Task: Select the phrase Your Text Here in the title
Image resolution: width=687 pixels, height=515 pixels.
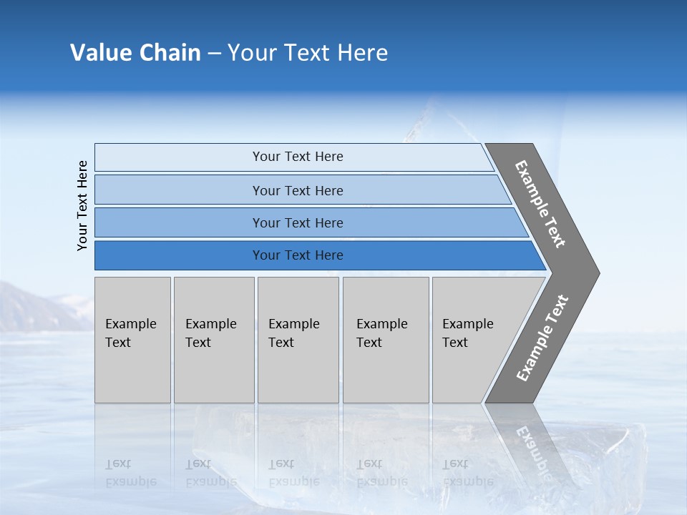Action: [x=308, y=53]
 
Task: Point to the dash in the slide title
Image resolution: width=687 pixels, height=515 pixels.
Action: [x=214, y=54]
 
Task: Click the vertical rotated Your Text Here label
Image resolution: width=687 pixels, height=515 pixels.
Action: [x=82, y=206]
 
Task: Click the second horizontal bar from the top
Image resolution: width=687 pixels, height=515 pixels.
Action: [x=298, y=190]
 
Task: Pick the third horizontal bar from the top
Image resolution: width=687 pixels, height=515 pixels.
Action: [x=298, y=223]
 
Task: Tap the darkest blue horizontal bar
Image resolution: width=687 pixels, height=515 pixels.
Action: [x=298, y=255]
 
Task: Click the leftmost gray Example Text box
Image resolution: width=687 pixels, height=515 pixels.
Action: [x=132, y=340]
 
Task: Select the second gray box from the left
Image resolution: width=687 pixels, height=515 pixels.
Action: [x=213, y=340]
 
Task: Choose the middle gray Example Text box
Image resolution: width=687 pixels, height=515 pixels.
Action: [x=298, y=340]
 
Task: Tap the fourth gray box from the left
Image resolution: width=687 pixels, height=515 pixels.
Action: [x=385, y=340]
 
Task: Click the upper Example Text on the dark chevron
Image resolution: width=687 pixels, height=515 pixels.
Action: [x=540, y=204]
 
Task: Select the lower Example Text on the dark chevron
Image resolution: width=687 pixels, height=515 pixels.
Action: [x=542, y=338]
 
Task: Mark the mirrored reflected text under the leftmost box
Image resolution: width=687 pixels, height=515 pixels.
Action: [x=131, y=473]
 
